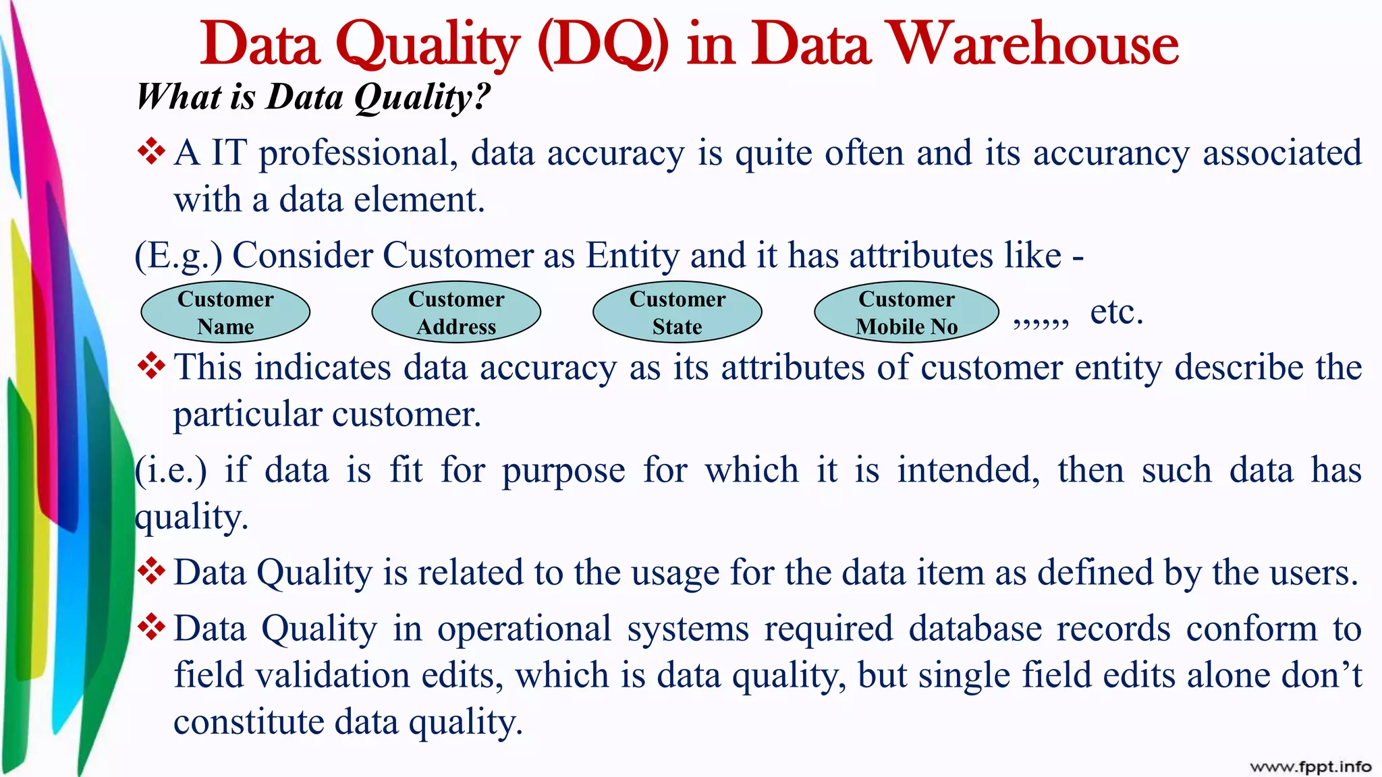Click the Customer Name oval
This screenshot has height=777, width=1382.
[225, 312]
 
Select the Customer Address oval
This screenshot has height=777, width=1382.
[456, 312]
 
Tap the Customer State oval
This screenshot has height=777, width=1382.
[678, 312]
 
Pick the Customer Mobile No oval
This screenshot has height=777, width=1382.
[906, 312]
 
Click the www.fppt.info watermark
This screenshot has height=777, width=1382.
[1310, 766]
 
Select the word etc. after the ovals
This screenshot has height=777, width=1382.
[1117, 312]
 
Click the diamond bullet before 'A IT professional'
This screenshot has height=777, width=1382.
[152, 151]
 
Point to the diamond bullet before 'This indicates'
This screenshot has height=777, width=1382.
[152, 366]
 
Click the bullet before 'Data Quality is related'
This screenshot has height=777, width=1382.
[152, 571]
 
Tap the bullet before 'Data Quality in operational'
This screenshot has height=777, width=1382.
[152, 627]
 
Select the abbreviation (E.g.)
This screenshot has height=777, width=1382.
[179, 256]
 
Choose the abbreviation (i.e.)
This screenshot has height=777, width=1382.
[171, 470]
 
